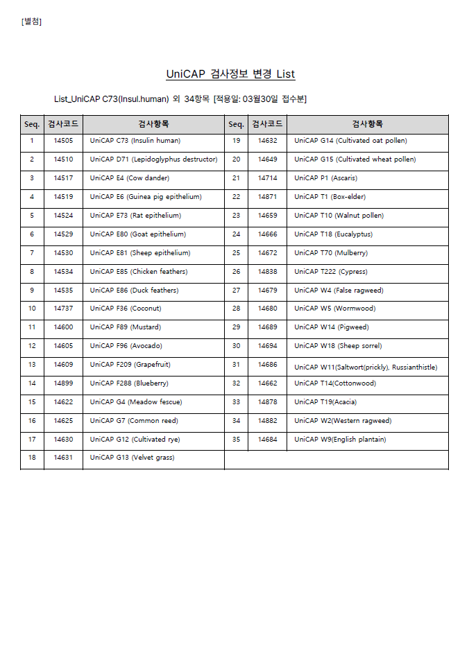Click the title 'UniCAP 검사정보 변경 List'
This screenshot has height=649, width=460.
click(x=230, y=74)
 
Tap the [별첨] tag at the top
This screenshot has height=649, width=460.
click(x=31, y=21)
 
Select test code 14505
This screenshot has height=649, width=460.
click(x=63, y=141)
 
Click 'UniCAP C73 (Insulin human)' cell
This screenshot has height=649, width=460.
click(x=135, y=141)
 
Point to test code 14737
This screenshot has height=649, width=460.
click(x=63, y=309)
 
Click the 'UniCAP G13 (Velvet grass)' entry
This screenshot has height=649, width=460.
click(x=132, y=458)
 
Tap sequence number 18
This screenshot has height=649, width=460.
click(x=32, y=458)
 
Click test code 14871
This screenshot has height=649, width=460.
click(x=267, y=197)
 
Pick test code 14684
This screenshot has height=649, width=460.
click(x=267, y=440)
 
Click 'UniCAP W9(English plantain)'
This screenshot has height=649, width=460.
click(x=340, y=440)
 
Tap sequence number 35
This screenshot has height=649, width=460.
click(x=236, y=440)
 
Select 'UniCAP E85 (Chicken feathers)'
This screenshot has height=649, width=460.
click(x=138, y=272)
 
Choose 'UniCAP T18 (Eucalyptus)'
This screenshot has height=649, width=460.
click(x=333, y=234)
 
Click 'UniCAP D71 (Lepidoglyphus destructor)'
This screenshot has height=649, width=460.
click(x=153, y=159)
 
